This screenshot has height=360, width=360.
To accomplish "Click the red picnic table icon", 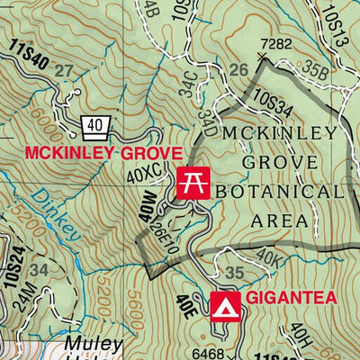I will (x=192, y=182).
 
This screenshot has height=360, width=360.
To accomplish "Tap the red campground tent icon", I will (x=222, y=307).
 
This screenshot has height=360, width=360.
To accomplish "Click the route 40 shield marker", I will (x=95, y=123).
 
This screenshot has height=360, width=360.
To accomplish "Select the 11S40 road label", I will (x=26, y=55).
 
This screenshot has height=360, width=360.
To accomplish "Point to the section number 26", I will (x=238, y=70).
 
